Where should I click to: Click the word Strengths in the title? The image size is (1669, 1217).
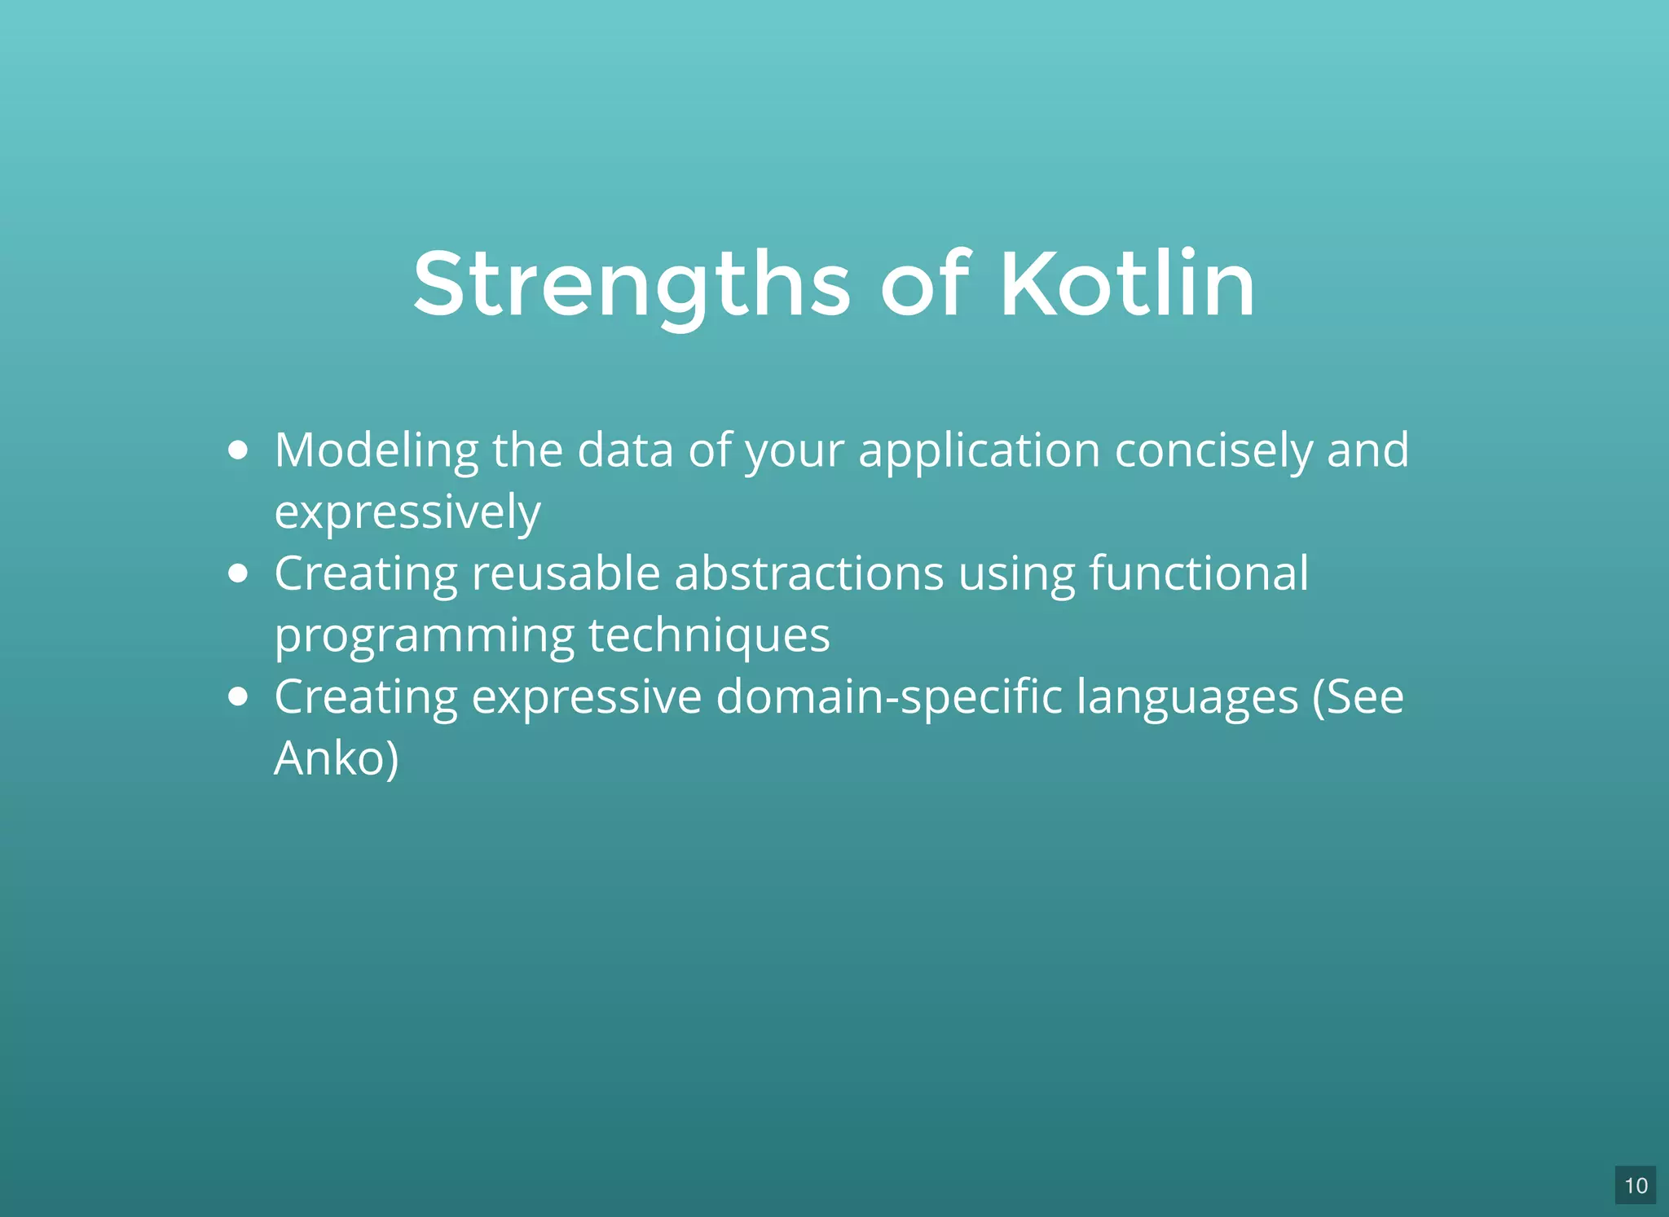pyautogui.click(x=632, y=285)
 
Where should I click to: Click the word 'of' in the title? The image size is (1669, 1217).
pyautogui.click(x=925, y=285)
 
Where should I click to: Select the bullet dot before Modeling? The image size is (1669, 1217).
pyautogui.click(x=238, y=450)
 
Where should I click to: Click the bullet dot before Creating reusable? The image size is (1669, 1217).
pyautogui.click(x=238, y=573)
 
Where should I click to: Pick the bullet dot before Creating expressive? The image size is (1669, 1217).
pyautogui.click(x=238, y=696)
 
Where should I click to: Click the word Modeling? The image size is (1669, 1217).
pyautogui.click(x=377, y=450)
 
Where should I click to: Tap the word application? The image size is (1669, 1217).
pyautogui.click(x=980, y=450)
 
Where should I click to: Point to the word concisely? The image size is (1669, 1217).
pyautogui.click(x=1213, y=450)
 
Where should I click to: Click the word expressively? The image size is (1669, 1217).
pyautogui.click(x=407, y=512)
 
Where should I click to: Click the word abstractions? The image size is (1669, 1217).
pyautogui.click(x=809, y=573)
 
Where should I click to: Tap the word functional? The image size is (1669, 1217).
pyautogui.click(x=1199, y=573)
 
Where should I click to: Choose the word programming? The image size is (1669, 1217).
pyautogui.click(x=424, y=635)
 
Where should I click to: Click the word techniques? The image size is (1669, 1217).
pyautogui.click(x=709, y=635)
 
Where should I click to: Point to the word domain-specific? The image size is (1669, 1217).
pyautogui.click(x=889, y=697)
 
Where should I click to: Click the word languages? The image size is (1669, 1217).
pyautogui.click(x=1187, y=697)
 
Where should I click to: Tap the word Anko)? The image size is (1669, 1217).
pyautogui.click(x=337, y=758)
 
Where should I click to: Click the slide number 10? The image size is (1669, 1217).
pyautogui.click(x=1635, y=1185)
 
